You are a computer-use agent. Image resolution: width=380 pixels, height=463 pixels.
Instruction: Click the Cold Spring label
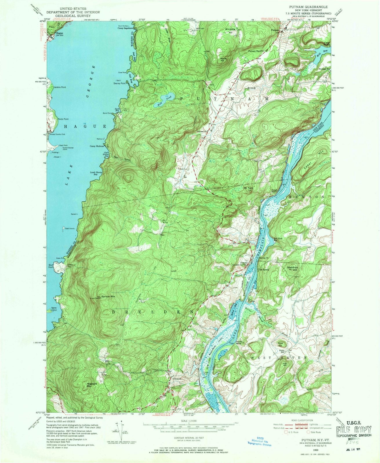click(x=263, y=270)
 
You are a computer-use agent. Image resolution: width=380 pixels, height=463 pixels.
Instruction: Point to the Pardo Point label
click(x=63, y=119)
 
